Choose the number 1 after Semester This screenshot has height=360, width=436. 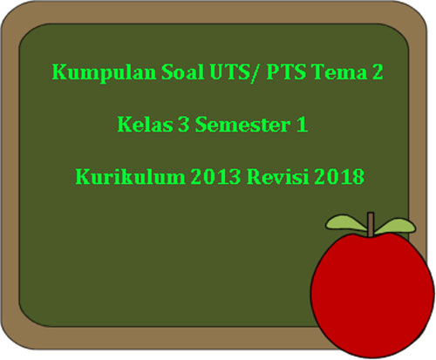[301, 126]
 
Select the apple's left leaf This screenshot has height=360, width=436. [348, 222]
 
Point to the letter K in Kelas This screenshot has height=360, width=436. [124, 126]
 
